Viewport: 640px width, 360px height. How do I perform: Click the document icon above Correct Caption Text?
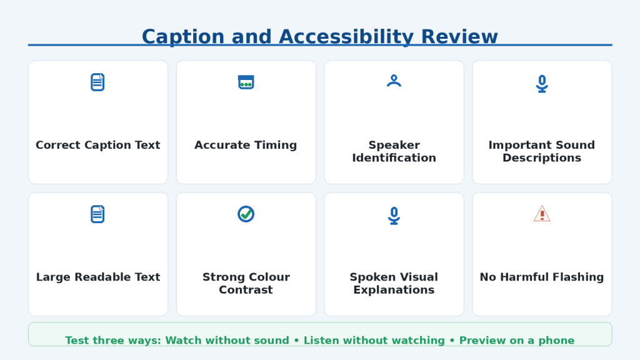coord(97,82)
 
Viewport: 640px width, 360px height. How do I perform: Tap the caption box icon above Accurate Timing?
coord(246,82)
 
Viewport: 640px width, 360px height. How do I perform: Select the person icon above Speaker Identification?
coord(394,81)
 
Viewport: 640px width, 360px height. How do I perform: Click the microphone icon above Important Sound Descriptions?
coord(542,84)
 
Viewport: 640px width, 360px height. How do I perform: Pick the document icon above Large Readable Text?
coord(97,214)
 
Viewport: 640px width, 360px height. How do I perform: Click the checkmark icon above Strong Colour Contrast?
coord(246,214)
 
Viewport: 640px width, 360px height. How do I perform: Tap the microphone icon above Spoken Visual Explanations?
coord(394,216)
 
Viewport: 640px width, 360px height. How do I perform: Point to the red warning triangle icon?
coord(542,214)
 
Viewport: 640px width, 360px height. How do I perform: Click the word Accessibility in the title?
coord(346,37)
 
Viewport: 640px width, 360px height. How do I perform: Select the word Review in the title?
coord(459,37)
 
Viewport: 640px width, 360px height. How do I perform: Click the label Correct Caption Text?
coord(98,145)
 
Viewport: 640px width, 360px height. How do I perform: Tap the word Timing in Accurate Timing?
coord(276,145)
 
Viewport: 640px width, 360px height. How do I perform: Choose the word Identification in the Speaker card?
coord(394,157)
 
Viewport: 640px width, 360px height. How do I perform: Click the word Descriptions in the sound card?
coord(542,157)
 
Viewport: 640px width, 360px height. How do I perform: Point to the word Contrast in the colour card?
coord(246,289)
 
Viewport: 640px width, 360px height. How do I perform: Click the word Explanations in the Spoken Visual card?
coord(394,289)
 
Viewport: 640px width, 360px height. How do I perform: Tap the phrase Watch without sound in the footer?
coord(227,341)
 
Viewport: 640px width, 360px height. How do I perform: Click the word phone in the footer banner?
coord(556,341)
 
